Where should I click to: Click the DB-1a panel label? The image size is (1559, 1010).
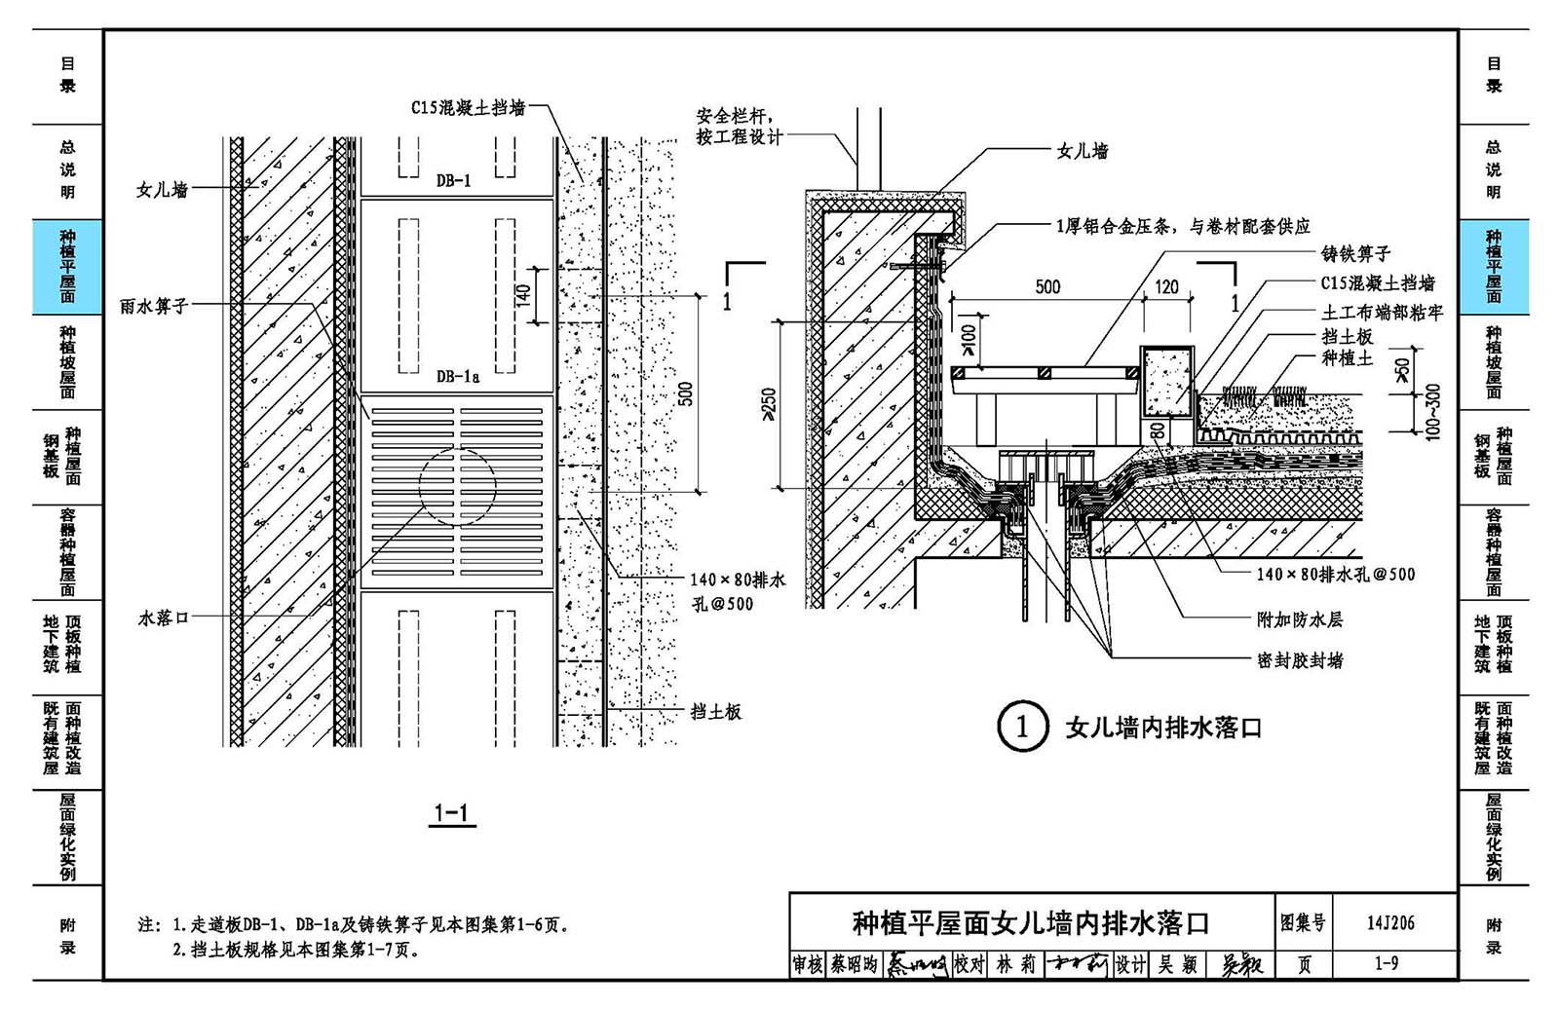pyautogui.click(x=457, y=376)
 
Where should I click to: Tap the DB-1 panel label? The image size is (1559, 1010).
pyautogui.click(x=453, y=180)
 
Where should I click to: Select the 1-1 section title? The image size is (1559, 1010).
pyautogui.click(x=452, y=813)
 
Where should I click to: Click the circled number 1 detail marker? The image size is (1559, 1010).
pyautogui.click(x=1022, y=727)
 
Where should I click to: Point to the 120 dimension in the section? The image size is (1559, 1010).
pyautogui.click(x=1166, y=286)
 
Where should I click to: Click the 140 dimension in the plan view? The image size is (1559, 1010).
pyautogui.click(x=523, y=294)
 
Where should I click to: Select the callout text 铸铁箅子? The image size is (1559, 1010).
pyautogui.click(x=1355, y=254)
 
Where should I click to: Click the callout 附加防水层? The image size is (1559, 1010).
pyautogui.click(x=1299, y=619)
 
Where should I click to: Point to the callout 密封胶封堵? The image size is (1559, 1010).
pyautogui.click(x=1300, y=660)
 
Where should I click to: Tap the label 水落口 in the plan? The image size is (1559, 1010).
pyautogui.click(x=163, y=617)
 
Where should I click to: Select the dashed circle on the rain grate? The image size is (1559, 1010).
pyautogui.click(x=457, y=486)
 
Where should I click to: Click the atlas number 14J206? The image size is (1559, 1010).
pyautogui.click(x=1390, y=922)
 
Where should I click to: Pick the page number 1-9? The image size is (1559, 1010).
pyautogui.click(x=1386, y=963)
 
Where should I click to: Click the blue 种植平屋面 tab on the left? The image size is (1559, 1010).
pyautogui.click(x=67, y=266)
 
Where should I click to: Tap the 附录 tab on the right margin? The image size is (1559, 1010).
pyautogui.click(x=1493, y=935)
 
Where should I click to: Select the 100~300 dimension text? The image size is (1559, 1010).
pyautogui.click(x=1431, y=412)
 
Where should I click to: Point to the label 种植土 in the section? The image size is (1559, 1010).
pyautogui.click(x=1347, y=358)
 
